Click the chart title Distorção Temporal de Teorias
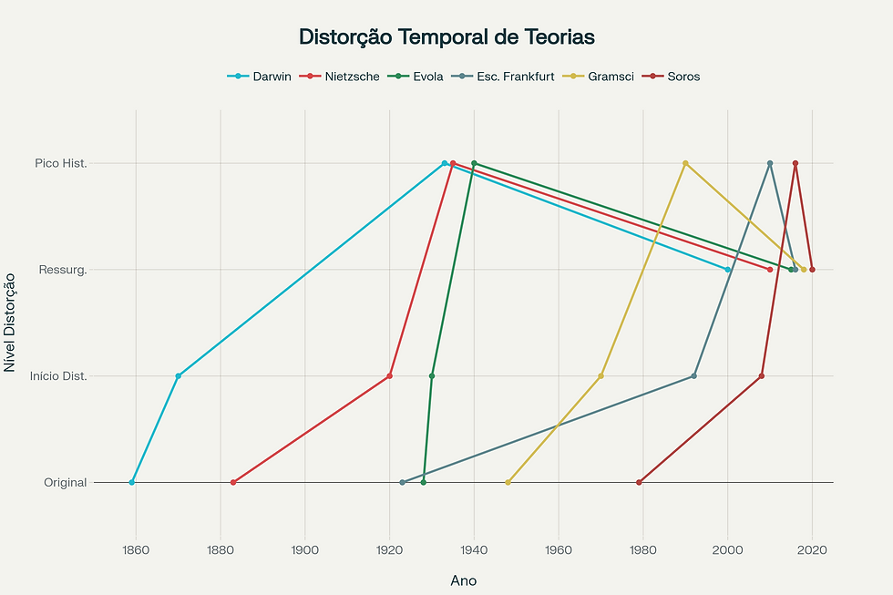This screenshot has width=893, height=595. pyautogui.click(x=446, y=37)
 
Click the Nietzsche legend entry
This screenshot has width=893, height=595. pyautogui.click(x=351, y=77)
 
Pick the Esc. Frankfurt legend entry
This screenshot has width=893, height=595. pyautogui.click(x=515, y=77)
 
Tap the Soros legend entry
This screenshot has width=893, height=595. pyautogui.click(x=683, y=77)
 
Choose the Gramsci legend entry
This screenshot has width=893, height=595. pyautogui.click(x=611, y=77)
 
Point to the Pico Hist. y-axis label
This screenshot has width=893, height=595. pyautogui.click(x=61, y=163)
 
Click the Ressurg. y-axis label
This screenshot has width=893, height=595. pyautogui.click(x=63, y=270)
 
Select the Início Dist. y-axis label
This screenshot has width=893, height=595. pyautogui.click(x=58, y=376)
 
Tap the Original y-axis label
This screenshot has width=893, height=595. pyautogui.click(x=66, y=482)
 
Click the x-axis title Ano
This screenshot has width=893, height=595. pyautogui.click(x=463, y=580)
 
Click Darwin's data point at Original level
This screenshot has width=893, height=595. pyautogui.click(x=132, y=482)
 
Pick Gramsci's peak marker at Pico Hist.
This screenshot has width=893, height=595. pyautogui.click(x=685, y=163)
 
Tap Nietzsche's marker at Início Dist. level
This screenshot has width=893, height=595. pyautogui.click(x=390, y=375)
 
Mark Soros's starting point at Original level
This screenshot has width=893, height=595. pyautogui.click(x=639, y=482)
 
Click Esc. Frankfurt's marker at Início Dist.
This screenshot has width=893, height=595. pyautogui.click(x=694, y=375)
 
